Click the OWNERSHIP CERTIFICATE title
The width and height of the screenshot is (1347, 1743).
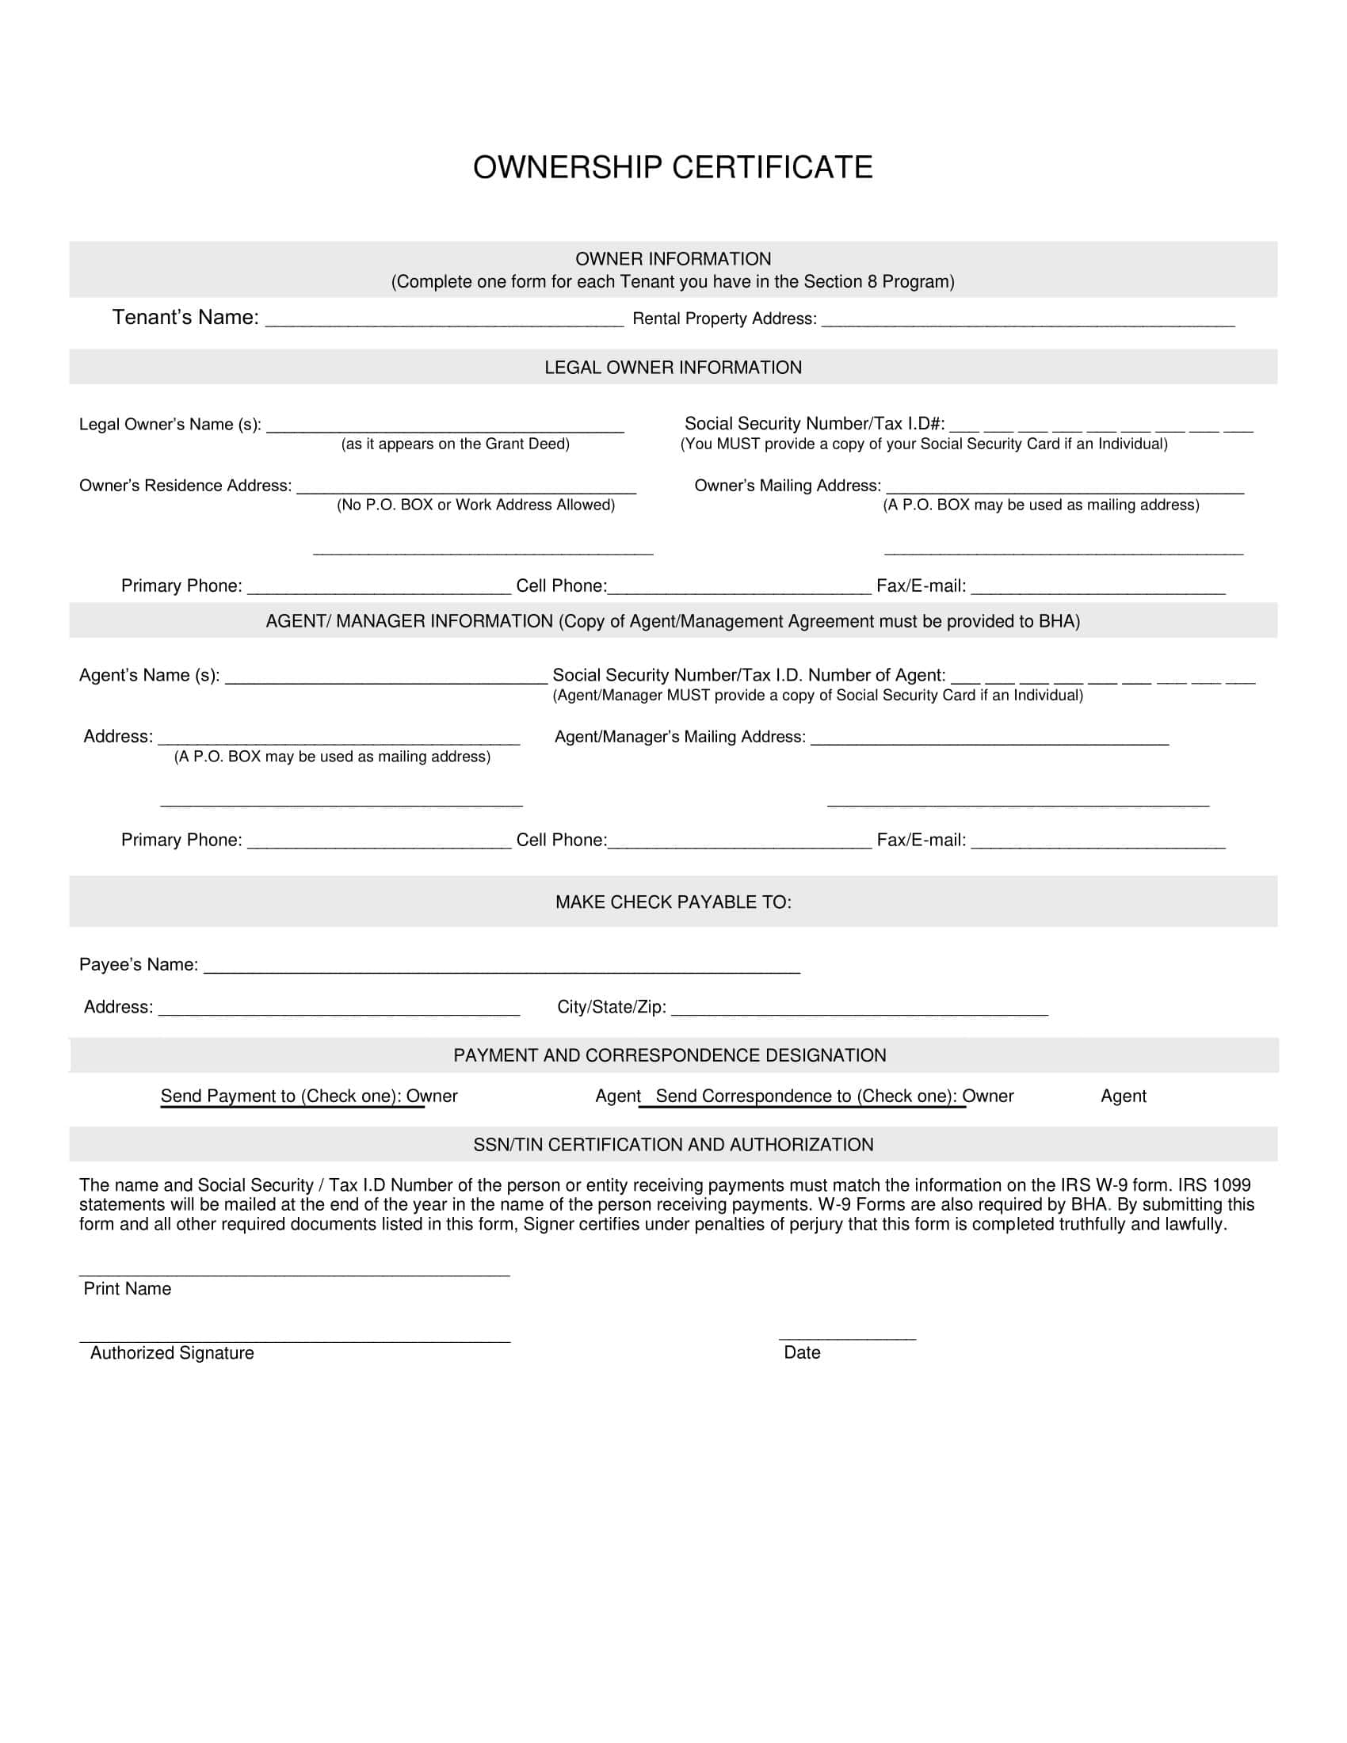[x=673, y=168]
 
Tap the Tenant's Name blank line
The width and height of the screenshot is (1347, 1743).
[x=444, y=321]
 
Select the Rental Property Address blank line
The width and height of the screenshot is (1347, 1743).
[x=1028, y=322]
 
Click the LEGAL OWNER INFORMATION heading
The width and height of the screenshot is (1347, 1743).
[x=673, y=368]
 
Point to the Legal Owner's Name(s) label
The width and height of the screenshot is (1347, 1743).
[x=170, y=425]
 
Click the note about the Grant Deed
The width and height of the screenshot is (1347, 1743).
[x=455, y=444]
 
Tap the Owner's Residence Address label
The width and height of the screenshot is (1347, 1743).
[x=185, y=486]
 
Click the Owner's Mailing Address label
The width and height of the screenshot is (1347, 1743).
[x=788, y=486]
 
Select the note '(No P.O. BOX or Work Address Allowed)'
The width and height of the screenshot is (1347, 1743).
[x=475, y=505]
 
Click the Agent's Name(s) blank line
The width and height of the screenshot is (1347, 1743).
[x=386, y=680]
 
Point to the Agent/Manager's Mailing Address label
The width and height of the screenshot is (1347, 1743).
[x=680, y=737]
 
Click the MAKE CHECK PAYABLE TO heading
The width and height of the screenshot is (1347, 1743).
[x=673, y=902]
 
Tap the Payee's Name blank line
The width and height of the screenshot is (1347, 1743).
[x=502, y=969]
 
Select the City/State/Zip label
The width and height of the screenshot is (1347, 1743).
[x=611, y=1007]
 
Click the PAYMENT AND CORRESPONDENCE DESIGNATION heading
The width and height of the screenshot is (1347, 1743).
[x=670, y=1056]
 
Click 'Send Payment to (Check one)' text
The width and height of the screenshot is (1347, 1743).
[x=281, y=1097]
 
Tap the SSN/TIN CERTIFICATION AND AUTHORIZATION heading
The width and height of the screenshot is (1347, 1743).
[x=673, y=1146]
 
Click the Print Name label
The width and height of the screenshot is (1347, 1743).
[x=128, y=1289]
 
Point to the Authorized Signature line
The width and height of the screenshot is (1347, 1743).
[x=295, y=1340]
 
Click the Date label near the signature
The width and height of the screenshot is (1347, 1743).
[x=802, y=1352]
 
